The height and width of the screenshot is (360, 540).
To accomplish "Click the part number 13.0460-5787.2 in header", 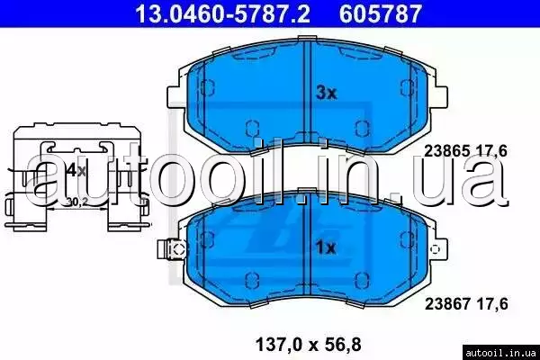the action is (x=223, y=13).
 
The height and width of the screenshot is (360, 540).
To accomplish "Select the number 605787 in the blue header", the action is (x=380, y=13).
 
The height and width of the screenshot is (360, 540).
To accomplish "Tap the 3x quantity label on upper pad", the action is (x=326, y=93).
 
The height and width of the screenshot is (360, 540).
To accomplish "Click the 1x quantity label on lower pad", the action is (x=326, y=247).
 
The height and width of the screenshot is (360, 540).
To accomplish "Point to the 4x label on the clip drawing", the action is (x=76, y=170).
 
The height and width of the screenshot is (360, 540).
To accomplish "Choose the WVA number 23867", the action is (x=447, y=304).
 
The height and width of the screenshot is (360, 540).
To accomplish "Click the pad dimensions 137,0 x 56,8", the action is (x=308, y=345).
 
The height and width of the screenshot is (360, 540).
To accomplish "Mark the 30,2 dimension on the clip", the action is (x=76, y=202).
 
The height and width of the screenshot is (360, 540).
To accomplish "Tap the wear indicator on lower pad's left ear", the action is (x=171, y=249).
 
